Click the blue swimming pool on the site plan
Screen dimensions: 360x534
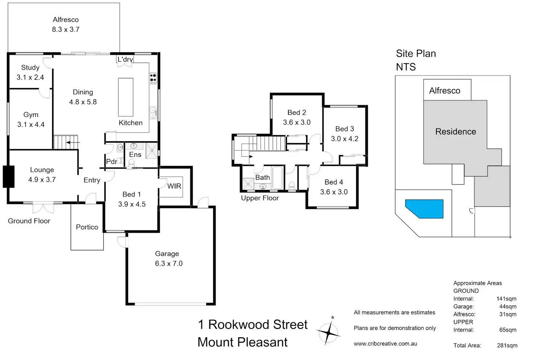point(424,208)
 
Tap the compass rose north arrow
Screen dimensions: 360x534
point(328,332)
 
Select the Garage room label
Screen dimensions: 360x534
point(167,254)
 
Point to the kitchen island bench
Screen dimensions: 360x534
point(126,97)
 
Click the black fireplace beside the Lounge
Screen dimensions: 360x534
point(8,177)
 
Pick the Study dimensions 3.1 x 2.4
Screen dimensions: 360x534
point(30,77)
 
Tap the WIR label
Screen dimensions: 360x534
point(174,186)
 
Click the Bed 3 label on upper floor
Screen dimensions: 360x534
point(345,129)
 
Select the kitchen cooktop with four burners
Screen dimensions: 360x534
point(153,78)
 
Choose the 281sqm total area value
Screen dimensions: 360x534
point(507,345)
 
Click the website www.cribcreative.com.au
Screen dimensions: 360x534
point(385,344)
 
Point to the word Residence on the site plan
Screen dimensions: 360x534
point(456,132)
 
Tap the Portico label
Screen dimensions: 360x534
point(87,227)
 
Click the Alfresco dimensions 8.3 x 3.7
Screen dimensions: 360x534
point(66,29)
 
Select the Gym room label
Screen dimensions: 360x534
point(31,115)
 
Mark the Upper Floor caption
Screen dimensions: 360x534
point(260,198)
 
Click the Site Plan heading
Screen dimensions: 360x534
point(416,54)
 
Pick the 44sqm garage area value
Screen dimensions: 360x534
point(508,307)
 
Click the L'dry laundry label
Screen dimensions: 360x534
point(125,60)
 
